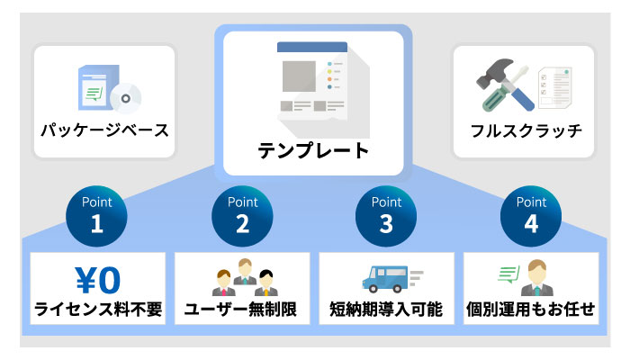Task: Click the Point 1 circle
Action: coord(98,212)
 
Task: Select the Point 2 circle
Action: coord(243,212)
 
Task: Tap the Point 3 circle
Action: coord(388,212)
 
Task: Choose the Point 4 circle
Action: coord(532,212)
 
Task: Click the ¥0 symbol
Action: coord(97,279)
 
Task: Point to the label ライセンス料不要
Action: coord(98,310)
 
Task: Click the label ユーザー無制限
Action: coord(242,310)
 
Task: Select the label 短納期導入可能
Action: coord(387,310)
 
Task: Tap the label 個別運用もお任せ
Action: coord(531,310)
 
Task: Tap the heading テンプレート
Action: coord(314,149)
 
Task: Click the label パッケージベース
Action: coord(104,130)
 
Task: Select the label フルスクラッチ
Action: coord(526,130)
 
